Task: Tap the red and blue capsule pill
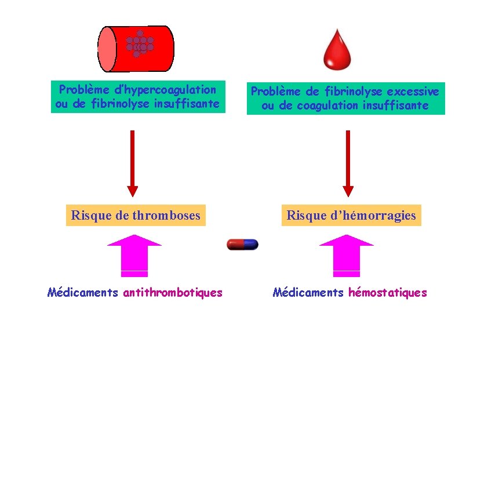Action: coord(242,245)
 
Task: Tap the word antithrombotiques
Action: coord(173,293)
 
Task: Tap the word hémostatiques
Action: coord(387,293)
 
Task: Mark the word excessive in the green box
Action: coord(413,92)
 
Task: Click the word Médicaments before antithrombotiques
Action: coord(83,293)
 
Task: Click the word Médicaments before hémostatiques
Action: coord(308,293)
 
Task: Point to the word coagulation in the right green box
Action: coord(327,105)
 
